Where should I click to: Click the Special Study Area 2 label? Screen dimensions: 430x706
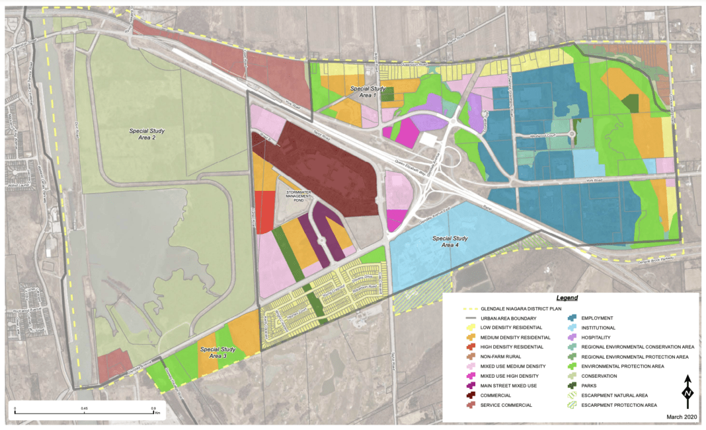tap(147, 135)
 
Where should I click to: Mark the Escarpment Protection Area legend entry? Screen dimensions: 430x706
tap(618, 404)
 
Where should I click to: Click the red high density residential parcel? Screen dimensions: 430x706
tap(264, 210)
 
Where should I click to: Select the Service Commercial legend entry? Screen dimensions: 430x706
tap(505, 404)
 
